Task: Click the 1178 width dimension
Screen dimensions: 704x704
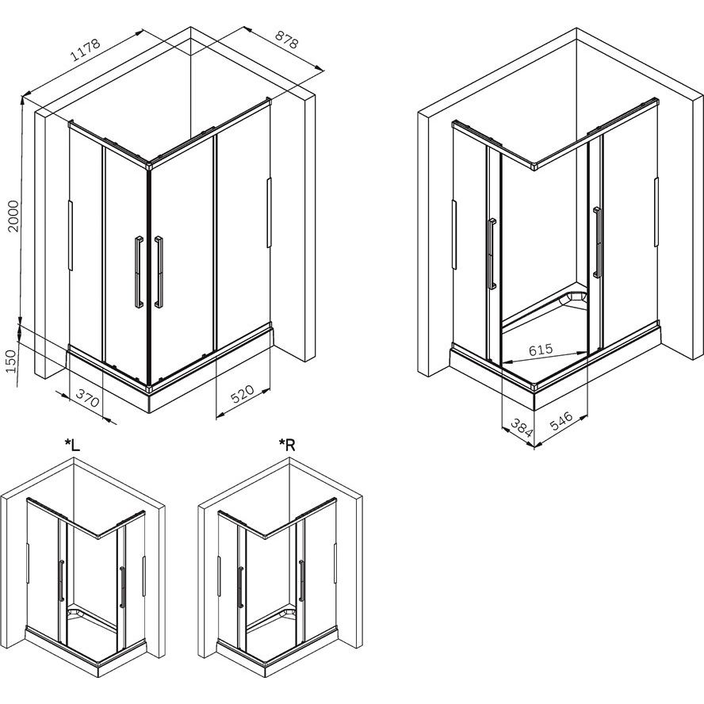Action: [x=86, y=50]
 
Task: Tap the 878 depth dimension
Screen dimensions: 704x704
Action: [x=286, y=39]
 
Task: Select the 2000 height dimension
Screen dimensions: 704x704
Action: [x=14, y=216]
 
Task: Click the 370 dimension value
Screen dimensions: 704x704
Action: [x=87, y=398]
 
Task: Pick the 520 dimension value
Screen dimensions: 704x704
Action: [x=242, y=394]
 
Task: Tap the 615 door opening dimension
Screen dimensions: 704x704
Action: [x=541, y=350]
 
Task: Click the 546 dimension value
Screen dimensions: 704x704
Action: [x=561, y=421]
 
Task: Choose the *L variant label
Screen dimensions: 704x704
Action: [x=72, y=445]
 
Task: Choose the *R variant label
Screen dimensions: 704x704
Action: [x=287, y=445]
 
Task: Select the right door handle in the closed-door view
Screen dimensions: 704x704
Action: [x=159, y=272]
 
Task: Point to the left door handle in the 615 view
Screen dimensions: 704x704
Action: [x=492, y=254]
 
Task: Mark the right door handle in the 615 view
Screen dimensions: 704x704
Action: [x=597, y=242]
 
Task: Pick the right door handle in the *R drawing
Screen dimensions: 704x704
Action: [x=302, y=580]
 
